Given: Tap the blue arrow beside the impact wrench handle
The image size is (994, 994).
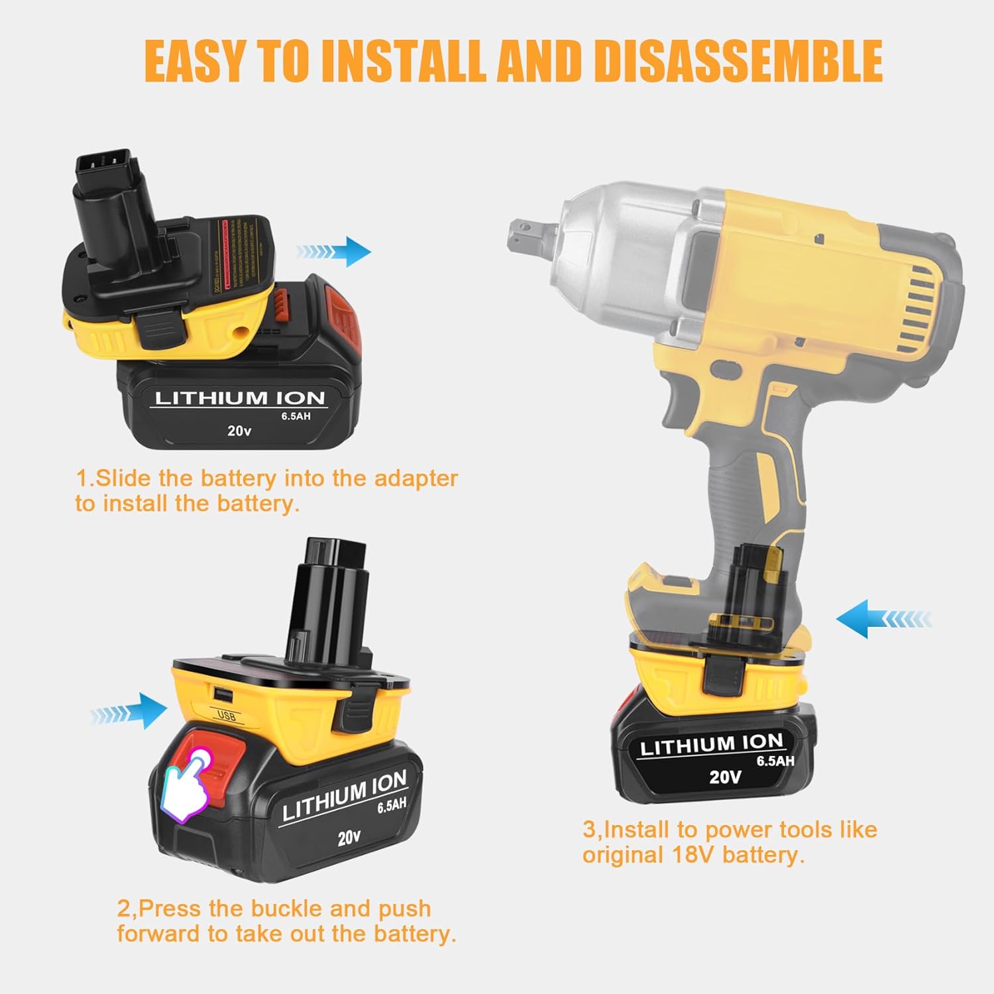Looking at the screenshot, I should point(883,619).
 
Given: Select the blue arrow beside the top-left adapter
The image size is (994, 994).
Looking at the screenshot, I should point(334,252).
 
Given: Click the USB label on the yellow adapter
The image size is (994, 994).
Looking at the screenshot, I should point(227,716).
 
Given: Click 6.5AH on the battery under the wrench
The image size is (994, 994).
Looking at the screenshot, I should point(775,761).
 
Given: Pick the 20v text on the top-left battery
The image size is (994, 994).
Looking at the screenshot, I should point(239,431).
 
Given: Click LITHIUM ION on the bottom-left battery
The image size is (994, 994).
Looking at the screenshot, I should point(345,794).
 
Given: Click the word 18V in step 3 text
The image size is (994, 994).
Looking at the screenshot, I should point(694,855).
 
